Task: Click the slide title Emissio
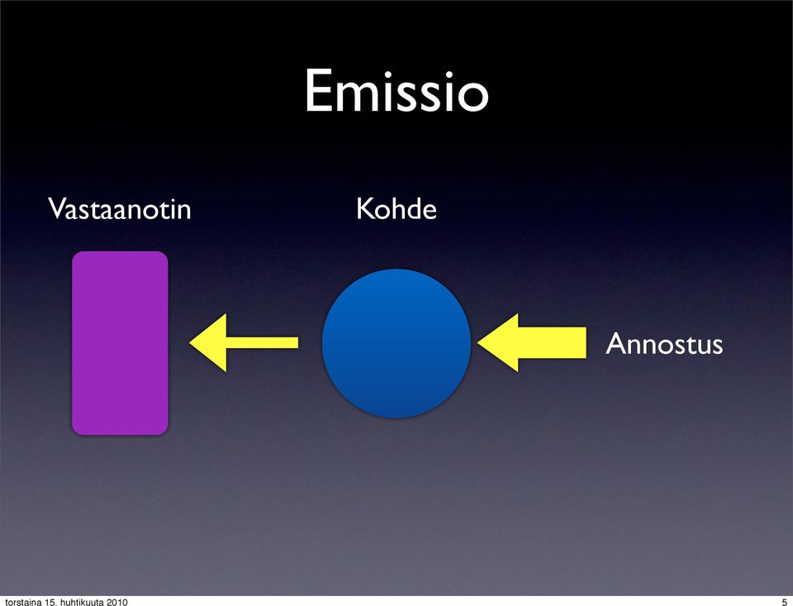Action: tap(396, 91)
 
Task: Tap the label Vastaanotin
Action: tap(119, 208)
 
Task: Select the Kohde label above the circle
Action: tap(396, 208)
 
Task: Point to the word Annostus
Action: tap(664, 344)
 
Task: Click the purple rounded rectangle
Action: tap(120, 343)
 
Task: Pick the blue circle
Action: tap(396, 343)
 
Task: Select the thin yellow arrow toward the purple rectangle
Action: tap(243, 343)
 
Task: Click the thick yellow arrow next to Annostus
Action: tap(531, 343)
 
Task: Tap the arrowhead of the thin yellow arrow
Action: tap(208, 343)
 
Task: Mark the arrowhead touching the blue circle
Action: tap(498, 343)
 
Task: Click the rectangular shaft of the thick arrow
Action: tap(553, 343)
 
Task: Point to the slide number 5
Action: tap(785, 602)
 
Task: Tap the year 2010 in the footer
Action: tap(116, 602)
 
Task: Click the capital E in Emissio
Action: tap(317, 91)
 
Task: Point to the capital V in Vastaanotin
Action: tap(58, 208)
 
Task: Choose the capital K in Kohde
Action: tap(364, 208)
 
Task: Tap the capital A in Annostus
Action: tap(615, 344)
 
